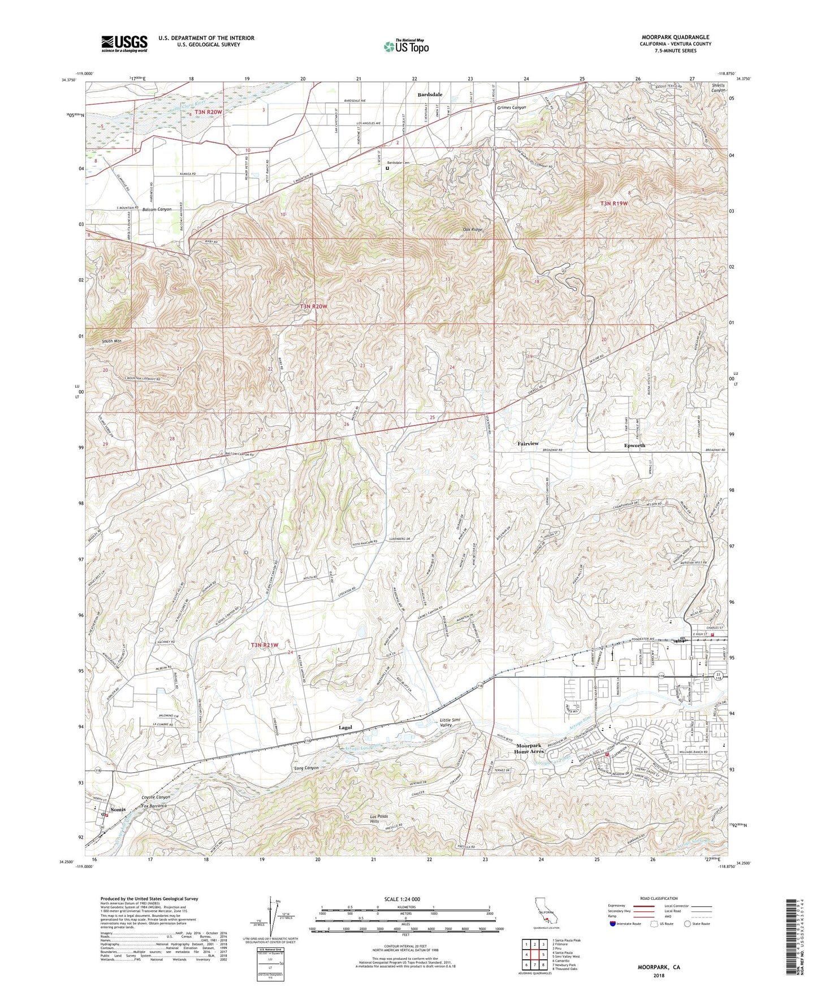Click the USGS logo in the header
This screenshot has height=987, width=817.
tap(124, 43)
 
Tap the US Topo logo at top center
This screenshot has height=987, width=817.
tap(405, 46)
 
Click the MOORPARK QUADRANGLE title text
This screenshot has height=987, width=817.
tap(675, 37)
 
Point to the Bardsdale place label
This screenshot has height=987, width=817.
tap(430, 94)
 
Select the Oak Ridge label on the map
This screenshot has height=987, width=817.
tap(472, 230)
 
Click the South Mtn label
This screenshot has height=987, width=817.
tap(111, 341)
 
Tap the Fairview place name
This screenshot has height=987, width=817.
tap(528, 444)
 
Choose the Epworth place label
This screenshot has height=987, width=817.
tap(634, 445)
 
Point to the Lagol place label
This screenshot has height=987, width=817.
tap(345, 728)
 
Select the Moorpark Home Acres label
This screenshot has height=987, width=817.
tap(529, 748)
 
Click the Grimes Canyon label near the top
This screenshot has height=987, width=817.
tap(511, 107)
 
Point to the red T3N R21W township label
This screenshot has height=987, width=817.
tap(265, 645)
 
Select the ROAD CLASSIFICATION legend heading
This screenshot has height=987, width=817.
tap(659, 898)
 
